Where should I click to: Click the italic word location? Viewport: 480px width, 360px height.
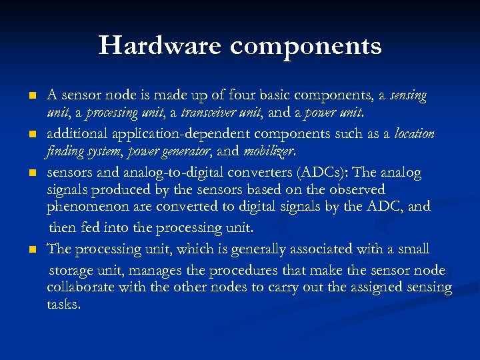414,133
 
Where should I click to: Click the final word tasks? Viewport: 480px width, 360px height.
63,304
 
